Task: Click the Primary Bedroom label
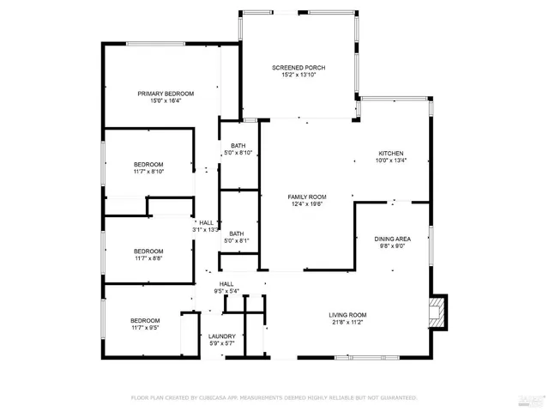(x=166, y=94)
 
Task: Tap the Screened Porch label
(x=299, y=68)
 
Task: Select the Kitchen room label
(x=391, y=153)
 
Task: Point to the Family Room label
(x=306, y=197)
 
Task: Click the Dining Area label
(x=391, y=239)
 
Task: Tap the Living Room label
(x=347, y=314)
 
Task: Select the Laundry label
(x=221, y=336)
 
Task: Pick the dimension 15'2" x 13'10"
(x=299, y=76)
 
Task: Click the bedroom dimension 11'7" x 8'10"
(x=148, y=172)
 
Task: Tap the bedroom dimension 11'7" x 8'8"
(x=148, y=257)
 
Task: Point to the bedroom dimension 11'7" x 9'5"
(x=145, y=327)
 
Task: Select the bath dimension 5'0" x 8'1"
(x=236, y=241)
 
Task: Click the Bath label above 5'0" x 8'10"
(x=236, y=146)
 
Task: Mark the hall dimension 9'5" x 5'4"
(x=226, y=291)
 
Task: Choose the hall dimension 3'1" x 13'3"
(x=206, y=229)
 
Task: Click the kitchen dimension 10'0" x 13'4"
(x=391, y=161)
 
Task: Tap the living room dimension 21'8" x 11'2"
(x=347, y=322)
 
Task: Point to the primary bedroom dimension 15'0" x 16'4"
(x=166, y=101)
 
